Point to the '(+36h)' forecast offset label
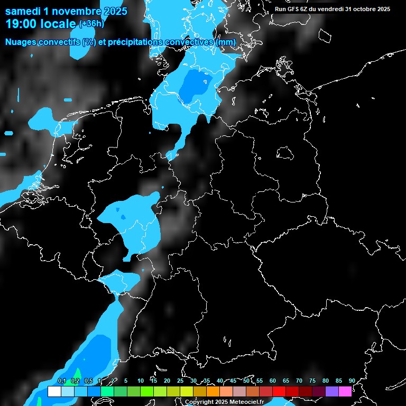91,24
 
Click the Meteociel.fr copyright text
224,402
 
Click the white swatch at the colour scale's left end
54,392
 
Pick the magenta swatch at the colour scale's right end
345,392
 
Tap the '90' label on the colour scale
352,381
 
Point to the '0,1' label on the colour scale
62,381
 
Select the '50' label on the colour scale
246,381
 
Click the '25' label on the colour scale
180,381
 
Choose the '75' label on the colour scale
312,381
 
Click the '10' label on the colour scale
141,381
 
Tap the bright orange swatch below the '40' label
213,392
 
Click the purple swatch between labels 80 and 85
332,392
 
